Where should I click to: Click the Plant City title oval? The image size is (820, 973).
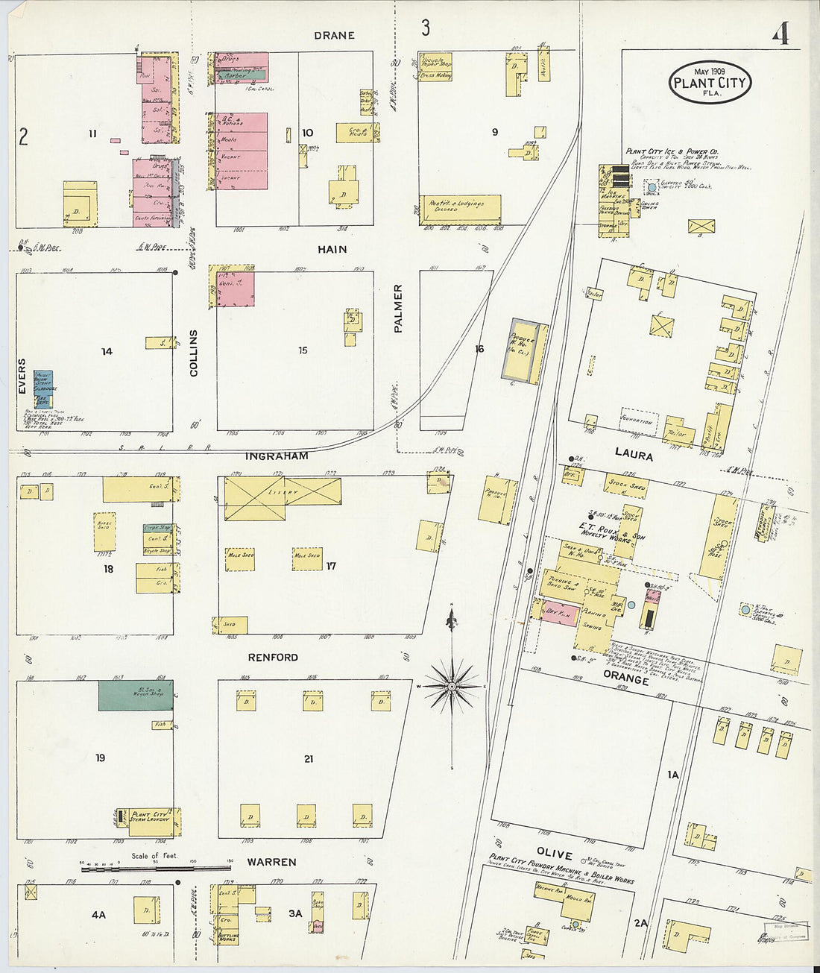(710, 82)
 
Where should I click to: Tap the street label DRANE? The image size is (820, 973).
(334, 35)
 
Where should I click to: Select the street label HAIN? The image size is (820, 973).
(332, 249)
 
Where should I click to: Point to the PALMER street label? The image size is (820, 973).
(398, 308)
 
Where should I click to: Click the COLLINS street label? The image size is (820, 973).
(194, 353)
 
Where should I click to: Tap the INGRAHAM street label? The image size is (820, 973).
(277, 456)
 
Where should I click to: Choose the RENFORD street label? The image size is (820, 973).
(273, 658)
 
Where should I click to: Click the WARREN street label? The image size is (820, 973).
(271, 862)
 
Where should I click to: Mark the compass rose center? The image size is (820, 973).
(452, 685)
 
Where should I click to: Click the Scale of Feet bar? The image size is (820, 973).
(156, 867)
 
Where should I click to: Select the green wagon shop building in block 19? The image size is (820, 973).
(136, 695)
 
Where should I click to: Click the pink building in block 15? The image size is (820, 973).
(236, 289)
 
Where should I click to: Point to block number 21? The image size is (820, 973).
(309, 759)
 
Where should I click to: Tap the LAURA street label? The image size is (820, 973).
(634, 456)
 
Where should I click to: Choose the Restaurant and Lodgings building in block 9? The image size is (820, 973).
(459, 208)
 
